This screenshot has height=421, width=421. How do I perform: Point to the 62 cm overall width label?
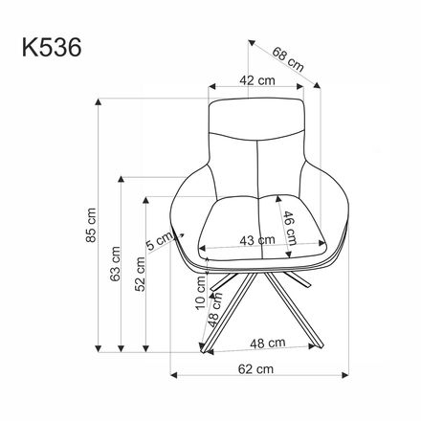[x=253, y=367]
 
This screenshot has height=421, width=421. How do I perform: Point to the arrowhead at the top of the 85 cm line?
[x=103, y=100]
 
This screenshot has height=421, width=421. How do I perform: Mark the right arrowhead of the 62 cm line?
[x=340, y=376]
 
